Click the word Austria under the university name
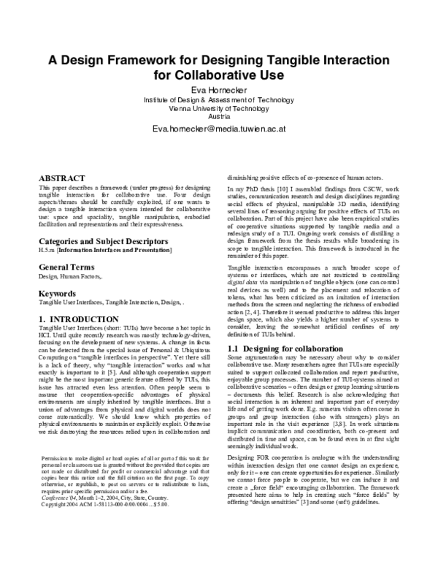coord(219,117)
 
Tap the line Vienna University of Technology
coord(219,108)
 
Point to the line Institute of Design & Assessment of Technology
coord(219,100)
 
